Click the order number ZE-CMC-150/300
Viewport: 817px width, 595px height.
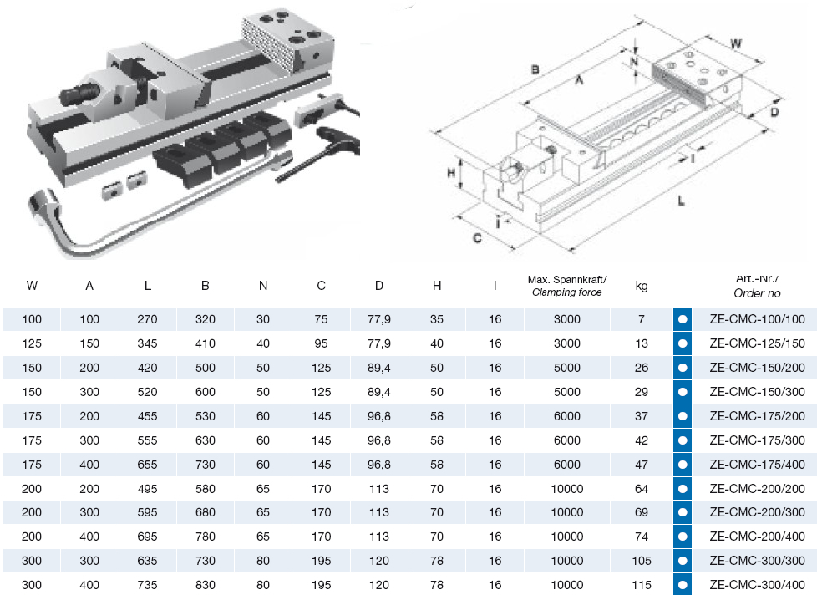tap(757, 391)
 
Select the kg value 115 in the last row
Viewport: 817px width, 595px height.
tap(642, 585)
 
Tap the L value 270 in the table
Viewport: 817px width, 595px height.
tap(147, 318)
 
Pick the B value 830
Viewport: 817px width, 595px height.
tap(206, 585)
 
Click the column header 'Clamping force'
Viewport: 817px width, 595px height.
tap(567, 292)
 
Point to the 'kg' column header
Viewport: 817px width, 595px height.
tap(642, 286)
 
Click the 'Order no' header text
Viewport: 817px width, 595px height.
tap(757, 293)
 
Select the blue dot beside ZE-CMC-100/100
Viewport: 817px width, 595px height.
tap(683, 319)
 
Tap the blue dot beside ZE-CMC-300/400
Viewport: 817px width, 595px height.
tap(683, 585)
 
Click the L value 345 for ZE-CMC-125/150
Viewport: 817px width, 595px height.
tap(147, 343)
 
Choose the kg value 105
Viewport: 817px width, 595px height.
tap(642, 561)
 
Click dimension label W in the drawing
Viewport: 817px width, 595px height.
tap(735, 43)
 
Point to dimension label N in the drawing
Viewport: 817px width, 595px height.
tap(634, 61)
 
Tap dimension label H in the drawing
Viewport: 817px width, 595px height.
tap(450, 173)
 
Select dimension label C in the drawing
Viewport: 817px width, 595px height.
tap(477, 237)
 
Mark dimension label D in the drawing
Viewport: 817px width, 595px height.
tap(774, 111)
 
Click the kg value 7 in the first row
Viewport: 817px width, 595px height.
tap(642, 318)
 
